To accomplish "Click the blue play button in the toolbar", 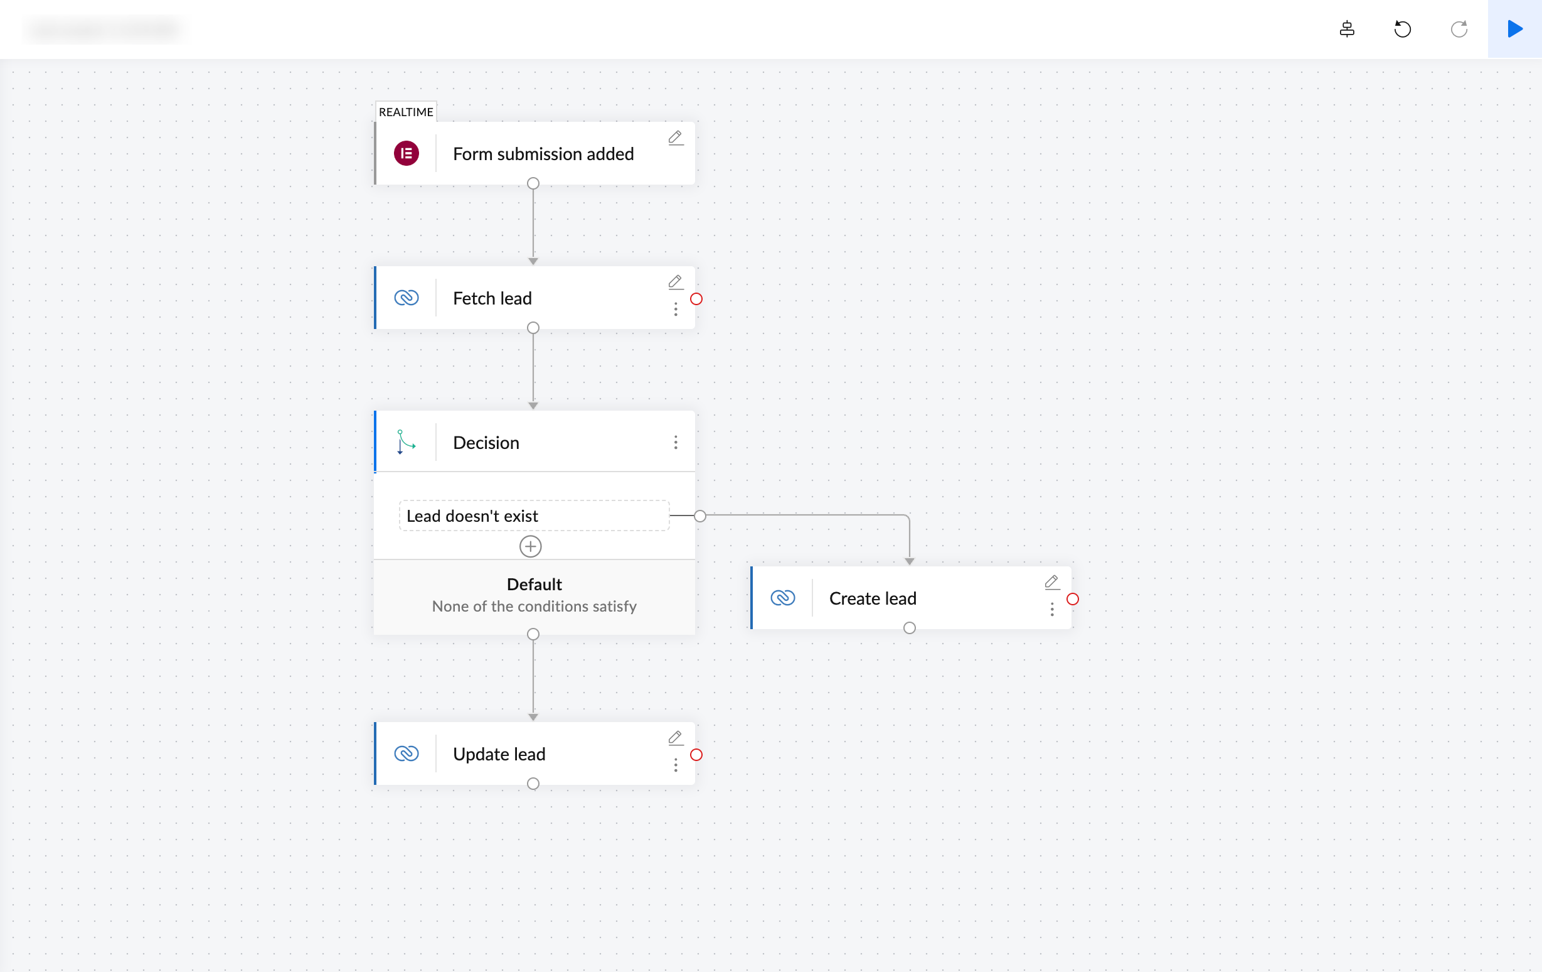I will (1514, 29).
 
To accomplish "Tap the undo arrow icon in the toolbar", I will (1402, 29).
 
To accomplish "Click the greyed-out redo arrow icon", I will (1459, 29).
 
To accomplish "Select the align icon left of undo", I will (1347, 29).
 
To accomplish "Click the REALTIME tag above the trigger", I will (405, 112).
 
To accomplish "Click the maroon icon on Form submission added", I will (406, 154).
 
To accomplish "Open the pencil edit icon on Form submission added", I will (675, 138).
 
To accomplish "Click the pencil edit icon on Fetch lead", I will (675, 282).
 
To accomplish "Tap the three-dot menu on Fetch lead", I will (676, 310).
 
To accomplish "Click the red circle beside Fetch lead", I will (696, 299).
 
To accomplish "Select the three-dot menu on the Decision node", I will (676, 443).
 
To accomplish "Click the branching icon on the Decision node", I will (406, 442).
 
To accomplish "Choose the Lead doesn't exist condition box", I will (533, 516).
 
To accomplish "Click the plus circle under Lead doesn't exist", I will (530, 546).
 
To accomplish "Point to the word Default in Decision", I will (534, 585).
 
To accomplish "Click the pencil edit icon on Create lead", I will (1051, 582).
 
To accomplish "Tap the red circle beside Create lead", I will (1073, 599).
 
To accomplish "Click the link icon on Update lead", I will (406, 753).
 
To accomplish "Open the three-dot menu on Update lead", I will (676, 765).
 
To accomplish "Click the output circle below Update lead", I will (533, 784).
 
